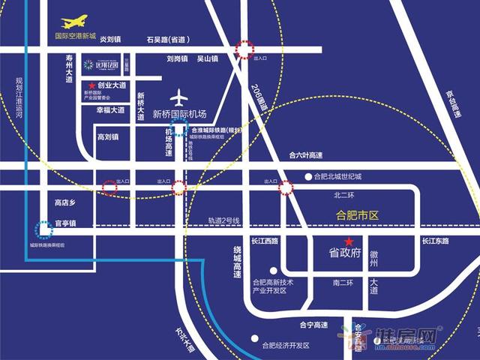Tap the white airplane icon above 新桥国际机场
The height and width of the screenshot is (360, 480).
[x=178, y=97]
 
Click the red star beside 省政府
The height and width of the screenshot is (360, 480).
[x=349, y=240]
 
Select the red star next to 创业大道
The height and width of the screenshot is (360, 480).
[x=91, y=86]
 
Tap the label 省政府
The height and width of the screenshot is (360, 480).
[x=345, y=253]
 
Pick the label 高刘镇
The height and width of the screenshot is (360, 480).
[x=109, y=137]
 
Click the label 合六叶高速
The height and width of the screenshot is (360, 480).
[x=305, y=156]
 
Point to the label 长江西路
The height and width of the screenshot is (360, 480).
[x=265, y=241]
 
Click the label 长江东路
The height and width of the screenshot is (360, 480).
[x=434, y=241]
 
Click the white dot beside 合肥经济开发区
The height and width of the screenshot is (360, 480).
[x=255, y=337]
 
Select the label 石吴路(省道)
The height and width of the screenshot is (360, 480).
[x=169, y=39]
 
